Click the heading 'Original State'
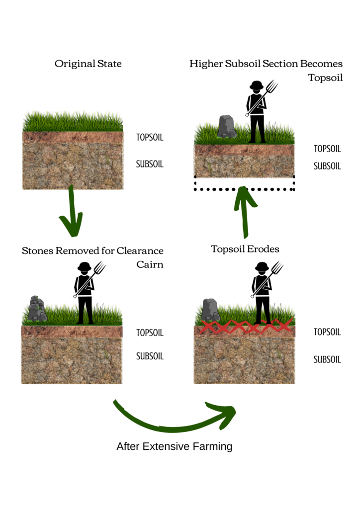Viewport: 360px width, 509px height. click(x=88, y=64)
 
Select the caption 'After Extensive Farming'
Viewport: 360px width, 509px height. click(x=174, y=446)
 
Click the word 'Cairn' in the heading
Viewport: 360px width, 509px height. click(x=150, y=264)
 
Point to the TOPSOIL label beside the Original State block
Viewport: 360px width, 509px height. click(x=150, y=137)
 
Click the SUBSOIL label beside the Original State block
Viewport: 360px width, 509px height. click(x=150, y=164)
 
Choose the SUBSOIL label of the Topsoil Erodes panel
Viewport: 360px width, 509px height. click(x=327, y=359)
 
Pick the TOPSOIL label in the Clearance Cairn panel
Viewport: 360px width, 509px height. click(x=150, y=333)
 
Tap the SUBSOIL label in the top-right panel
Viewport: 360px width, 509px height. click(x=327, y=166)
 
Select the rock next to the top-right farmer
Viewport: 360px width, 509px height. click(x=227, y=126)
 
